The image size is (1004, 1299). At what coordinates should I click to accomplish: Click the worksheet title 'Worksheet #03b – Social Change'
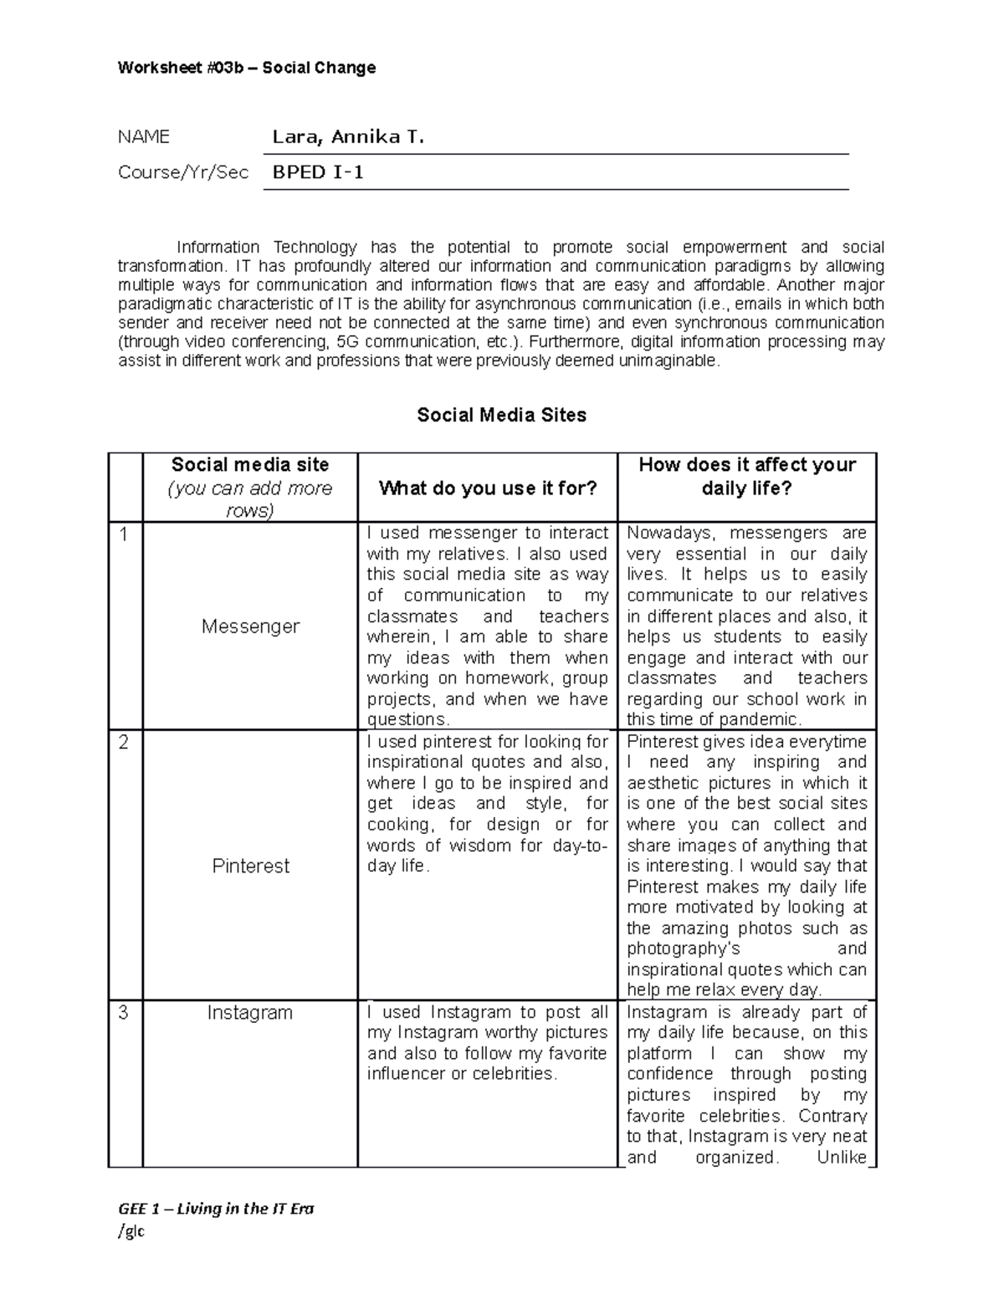click(247, 68)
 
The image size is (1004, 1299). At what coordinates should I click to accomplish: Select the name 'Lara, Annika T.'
click(348, 137)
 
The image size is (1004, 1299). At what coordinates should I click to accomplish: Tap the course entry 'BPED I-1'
click(318, 173)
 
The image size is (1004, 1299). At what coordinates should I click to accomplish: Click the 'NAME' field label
click(144, 137)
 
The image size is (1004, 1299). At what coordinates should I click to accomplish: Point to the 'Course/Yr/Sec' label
click(183, 173)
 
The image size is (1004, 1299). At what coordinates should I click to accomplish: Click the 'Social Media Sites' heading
click(501, 415)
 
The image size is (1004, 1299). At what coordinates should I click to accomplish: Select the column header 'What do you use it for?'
click(488, 488)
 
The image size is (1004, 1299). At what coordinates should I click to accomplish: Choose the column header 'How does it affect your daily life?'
click(747, 477)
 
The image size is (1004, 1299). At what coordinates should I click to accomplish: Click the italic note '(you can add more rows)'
click(250, 499)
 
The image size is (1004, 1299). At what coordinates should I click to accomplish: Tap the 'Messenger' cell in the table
click(250, 626)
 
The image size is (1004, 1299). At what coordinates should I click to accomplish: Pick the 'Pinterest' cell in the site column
click(250, 866)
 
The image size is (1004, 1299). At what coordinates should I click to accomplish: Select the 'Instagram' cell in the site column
click(250, 1013)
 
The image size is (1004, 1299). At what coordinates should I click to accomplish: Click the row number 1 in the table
click(124, 534)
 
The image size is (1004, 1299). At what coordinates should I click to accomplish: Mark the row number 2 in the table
click(124, 743)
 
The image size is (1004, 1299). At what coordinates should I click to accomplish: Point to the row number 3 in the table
click(124, 1013)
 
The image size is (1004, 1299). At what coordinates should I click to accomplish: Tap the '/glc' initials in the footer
click(131, 1231)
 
